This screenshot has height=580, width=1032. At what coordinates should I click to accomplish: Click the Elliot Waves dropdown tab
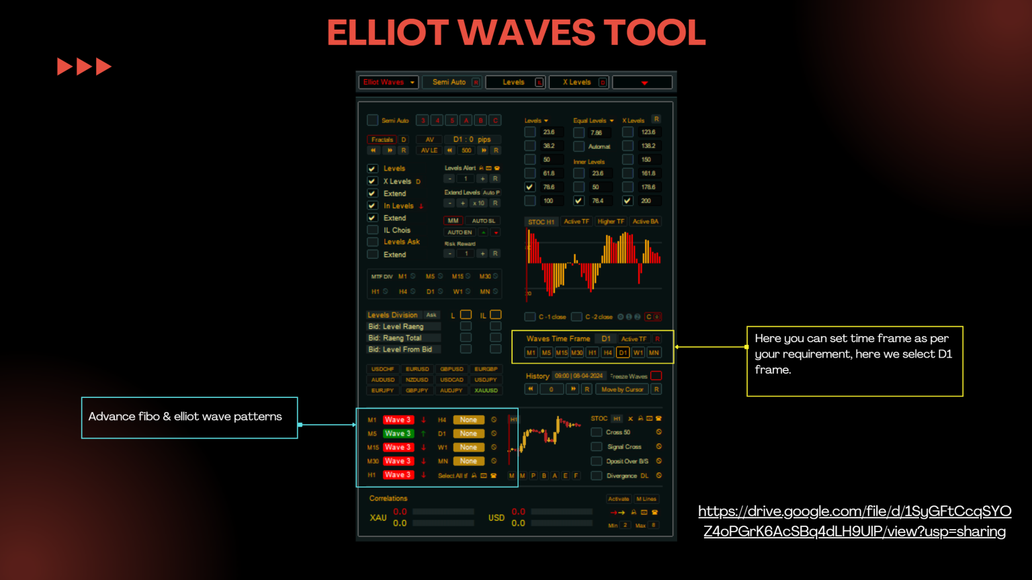coord(388,82)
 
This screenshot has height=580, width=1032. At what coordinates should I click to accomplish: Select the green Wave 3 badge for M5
coord(398,433)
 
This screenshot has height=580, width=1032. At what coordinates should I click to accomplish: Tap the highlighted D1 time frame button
coord(623,352)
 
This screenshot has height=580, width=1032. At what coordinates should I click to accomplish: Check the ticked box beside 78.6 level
coord(530,187)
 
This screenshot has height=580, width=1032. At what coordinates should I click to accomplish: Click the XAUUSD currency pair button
coord(486,390)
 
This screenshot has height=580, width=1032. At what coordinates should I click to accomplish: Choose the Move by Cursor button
coord(622,389)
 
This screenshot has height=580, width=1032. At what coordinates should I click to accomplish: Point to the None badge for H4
coord(468,419)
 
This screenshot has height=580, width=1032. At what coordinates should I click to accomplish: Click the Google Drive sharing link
coord(854,522)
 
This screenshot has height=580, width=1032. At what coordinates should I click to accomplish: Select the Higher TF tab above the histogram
coord(611,221)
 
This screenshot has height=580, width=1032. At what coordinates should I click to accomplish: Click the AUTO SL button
coord(483,220)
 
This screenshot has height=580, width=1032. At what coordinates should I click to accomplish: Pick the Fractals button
coord(382,140)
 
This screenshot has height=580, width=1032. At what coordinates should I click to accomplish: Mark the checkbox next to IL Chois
coord(372,230)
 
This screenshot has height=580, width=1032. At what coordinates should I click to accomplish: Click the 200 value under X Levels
coord(646,200)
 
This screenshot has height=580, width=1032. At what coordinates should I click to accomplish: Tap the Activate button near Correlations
coord(618,499)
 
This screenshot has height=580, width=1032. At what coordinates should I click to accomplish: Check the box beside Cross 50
coord(597,432)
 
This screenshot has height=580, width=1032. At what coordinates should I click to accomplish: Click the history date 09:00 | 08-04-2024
coord(578,376)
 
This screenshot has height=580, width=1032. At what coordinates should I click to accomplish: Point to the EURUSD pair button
coord(417,369)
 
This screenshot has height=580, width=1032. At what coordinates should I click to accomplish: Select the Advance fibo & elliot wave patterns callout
coord(189,417)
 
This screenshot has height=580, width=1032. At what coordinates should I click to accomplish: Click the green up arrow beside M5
coord(423,433)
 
